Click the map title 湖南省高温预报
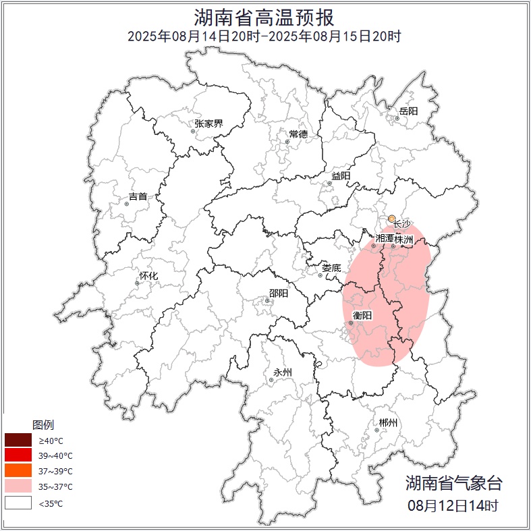tap(264, 17)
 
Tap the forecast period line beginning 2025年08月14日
tap(264, 36)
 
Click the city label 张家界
tap(208, 123)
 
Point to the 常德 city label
tap(298, 134)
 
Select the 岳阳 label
tap(408, 111)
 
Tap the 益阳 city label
tap(341, 176)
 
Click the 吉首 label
tap(138, 196)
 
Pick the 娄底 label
tap(331, 268)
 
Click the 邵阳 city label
tap(278, 294)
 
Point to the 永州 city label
tap(283, 372)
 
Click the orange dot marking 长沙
tap(391, 219)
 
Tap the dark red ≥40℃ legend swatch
tap(18, 441)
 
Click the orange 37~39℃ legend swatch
tap(18, 471)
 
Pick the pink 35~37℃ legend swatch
tap(18, 486)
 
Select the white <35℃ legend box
tap(18, 503)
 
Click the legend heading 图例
tap(43, 425)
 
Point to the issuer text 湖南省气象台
tap(453, 482)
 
